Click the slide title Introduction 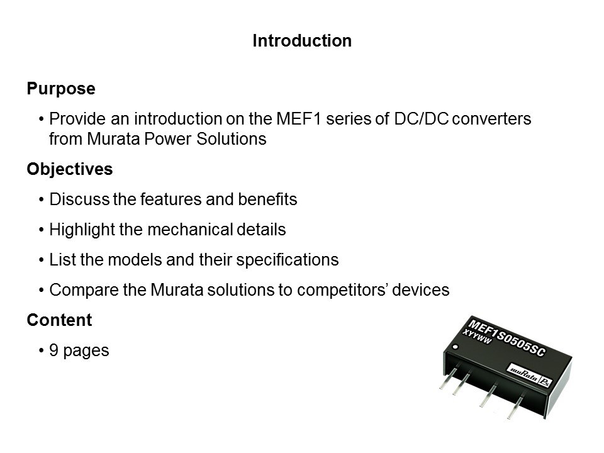tap(301, 41)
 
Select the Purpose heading tap(61, 89)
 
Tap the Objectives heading tap(69, 170)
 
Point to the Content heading tap(59, 320)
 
